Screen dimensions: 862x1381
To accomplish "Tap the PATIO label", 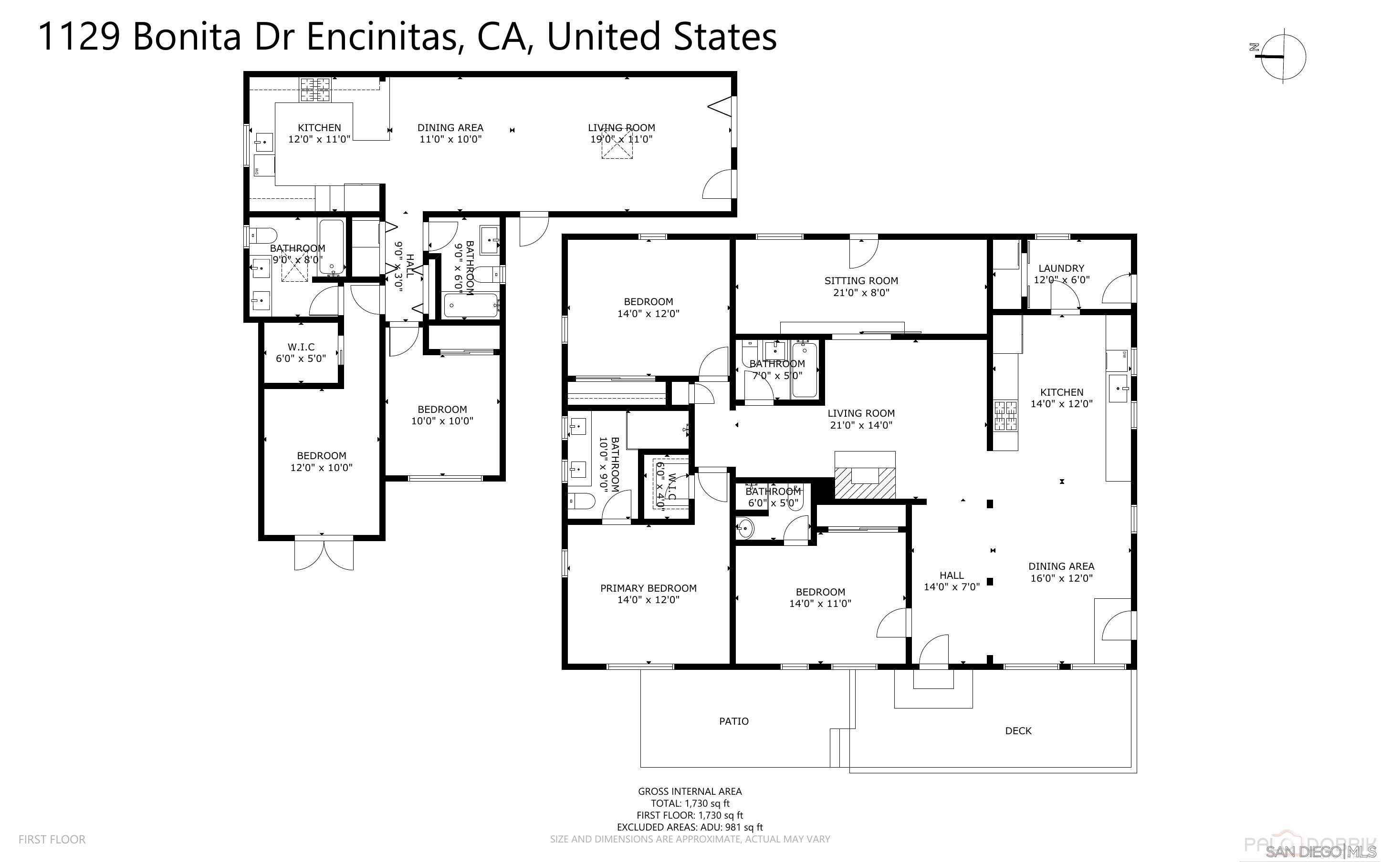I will pyautogui.click(x=733, y=721).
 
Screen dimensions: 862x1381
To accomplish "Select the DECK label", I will pyautogui.click(x=1018, y=730).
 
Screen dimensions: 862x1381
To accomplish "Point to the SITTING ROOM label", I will pyautogui.click(x=861, y=280).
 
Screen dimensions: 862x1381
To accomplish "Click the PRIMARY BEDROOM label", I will pyautogui.click(x=648, y=588).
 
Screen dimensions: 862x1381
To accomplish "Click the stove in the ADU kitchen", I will pyautogui.click(x=315, y=90).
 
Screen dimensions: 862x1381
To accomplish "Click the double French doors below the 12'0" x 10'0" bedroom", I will pyautogui.click(x=324, y=554).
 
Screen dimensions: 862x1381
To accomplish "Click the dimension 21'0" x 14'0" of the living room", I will pyautogui.click(x=861, y=425).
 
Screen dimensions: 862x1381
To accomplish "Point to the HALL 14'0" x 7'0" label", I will pyautogui.click(x=952, y=580).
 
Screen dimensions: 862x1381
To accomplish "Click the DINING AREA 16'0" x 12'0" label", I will pyautogui.click(x=1061, y=572).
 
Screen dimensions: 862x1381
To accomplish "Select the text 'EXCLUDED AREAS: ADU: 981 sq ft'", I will pyautogui.click(x=689, y=827).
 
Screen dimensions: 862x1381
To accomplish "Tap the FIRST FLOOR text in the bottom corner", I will pyautogui.click(x=52, y=839).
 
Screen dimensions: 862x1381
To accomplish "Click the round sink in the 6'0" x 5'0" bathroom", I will pyautogui.click(x=744, y=528).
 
